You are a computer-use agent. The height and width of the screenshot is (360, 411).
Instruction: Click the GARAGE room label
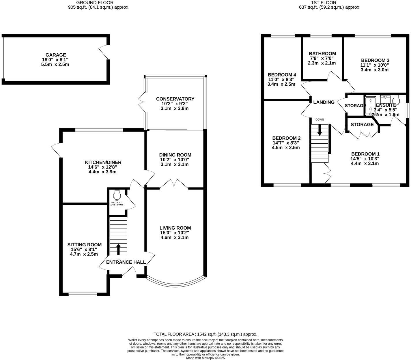pyautogui.click(x=55, y=55)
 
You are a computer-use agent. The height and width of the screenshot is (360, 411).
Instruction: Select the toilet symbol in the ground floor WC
pyautogui.click(x=117, y=194)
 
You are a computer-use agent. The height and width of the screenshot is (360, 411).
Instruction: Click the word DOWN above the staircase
pyautogui.click(x=320, y=119)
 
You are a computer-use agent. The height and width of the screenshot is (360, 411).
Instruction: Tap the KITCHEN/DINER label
pyautogui.click(x=103, y=162)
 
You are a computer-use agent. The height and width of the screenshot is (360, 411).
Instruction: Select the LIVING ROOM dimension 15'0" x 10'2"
pyautogui.click(x=175, y=233)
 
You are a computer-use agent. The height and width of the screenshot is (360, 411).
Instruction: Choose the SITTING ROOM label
pyautogui.click(x=84, y=245)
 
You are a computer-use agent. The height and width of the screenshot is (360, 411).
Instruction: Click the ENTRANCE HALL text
pyautogui.click(x=126, y=262)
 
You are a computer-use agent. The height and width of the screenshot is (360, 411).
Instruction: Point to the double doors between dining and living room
pyautogui.click(x=174, y=185)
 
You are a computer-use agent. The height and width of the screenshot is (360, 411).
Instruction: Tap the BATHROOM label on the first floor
pyautogui.click(x=322, y=54)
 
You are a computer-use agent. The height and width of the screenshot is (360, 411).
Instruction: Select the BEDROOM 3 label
pyautogui.click(x=375, y=60)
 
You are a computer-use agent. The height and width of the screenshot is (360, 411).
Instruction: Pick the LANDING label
pyautogui.click(x=324, y=102)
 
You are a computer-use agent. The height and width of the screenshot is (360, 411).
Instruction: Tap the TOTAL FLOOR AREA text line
pyautogui.click(x=205, y=334)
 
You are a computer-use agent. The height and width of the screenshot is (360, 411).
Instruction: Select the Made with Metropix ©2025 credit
pyautogui.click(x=205, y=358)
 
